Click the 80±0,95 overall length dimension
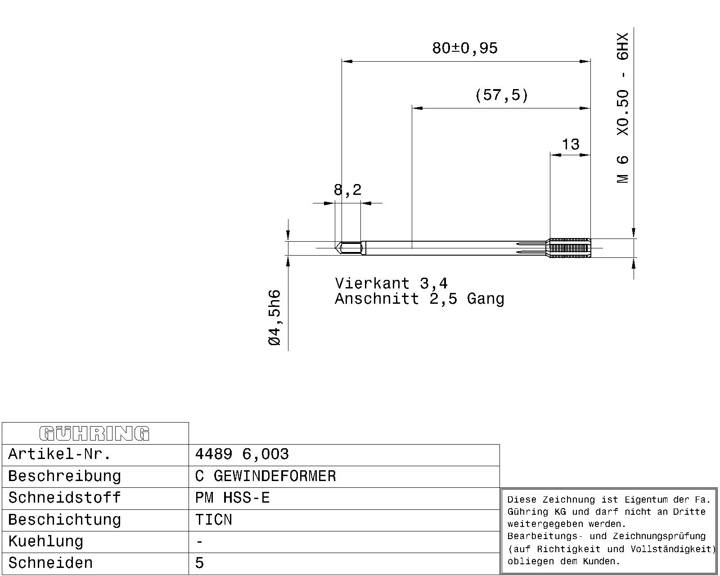pyautogui.click(x=465, y=48)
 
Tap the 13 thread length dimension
pyautogui.click(x=571, y=144)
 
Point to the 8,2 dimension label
pyautogui.click(x=347, y=190)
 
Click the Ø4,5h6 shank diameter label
pyautogui.click(x=274, y=318)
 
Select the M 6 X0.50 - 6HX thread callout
pyautogui.click(x=623, y=108)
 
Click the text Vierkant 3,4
pyautogui.click(x=391, y=283)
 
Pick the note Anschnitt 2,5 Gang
pyautogui.click(x=419, y=298)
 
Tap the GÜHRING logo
pyautogui.click(x=94, y=433)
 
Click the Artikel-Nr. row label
pyautogui.click(x=59, y=454)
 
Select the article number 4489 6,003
pyautogui.click(x=242, y=454)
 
